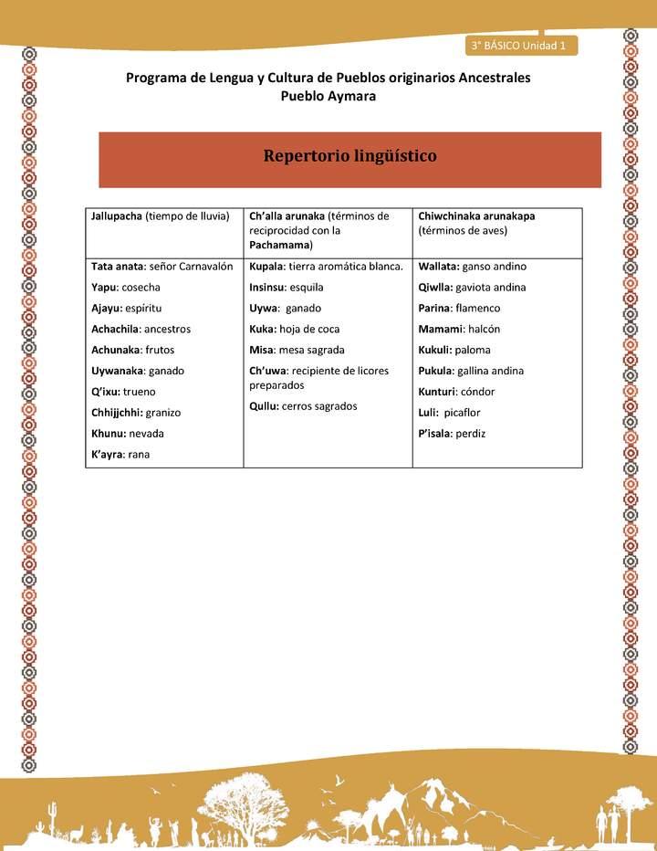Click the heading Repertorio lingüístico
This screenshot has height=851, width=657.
[349, 156]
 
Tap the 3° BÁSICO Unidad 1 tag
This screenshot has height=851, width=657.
[518, 45]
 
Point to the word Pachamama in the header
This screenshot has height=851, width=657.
[279, 246]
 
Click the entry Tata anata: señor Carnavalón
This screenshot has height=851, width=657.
[162, 267]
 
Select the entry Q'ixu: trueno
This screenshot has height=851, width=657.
[123, 392]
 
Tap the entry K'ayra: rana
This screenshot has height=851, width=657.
[120, 454]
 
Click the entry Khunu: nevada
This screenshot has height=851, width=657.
[128, 433]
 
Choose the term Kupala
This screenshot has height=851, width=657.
[266, 267]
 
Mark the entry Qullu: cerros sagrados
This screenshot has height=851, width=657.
[303, 406]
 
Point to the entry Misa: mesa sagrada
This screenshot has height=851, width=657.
[297, 350]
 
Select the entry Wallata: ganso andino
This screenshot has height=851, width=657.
[472, 267]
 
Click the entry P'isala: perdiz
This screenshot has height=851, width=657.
[452, 433]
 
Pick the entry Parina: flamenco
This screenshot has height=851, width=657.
[459, 308]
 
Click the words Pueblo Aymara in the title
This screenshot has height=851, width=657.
[328, 96]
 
